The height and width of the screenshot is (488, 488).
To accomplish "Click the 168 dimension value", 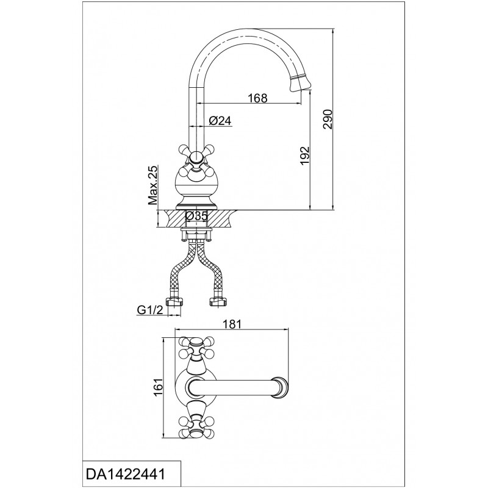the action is (257, 98).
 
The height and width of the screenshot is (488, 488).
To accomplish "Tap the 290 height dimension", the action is (328, 119).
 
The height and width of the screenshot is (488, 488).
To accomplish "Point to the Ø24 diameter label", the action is (220, 120).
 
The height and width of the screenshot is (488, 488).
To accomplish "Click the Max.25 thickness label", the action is (153, 185).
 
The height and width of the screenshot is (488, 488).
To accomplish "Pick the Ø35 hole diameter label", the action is (196, 215).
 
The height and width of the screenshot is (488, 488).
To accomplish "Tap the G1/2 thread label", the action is (150, 310).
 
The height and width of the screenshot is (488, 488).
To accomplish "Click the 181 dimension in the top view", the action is (232, 324).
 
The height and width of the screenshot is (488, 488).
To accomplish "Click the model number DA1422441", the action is (125, 475).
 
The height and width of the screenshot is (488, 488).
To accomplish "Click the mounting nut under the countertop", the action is (196, 234).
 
